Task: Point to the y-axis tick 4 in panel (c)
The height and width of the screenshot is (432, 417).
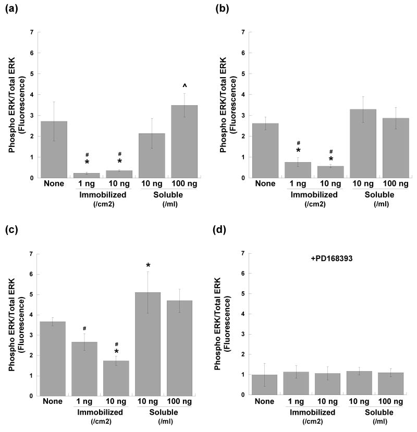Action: pyautogui.click(x=30, y=315)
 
